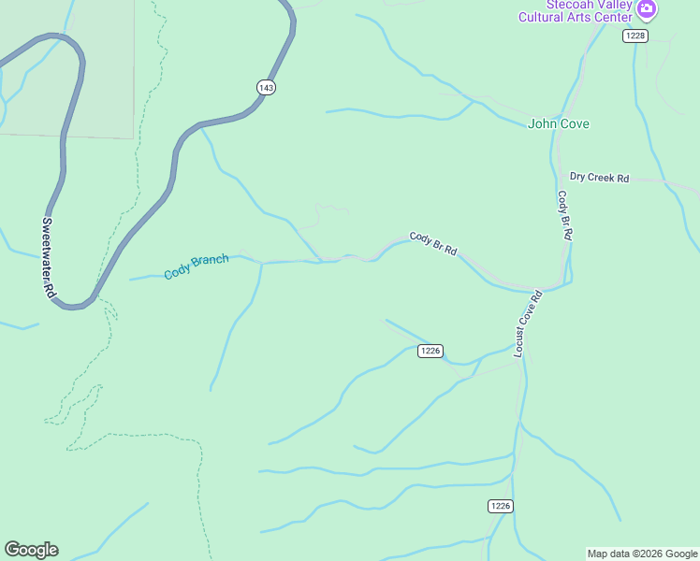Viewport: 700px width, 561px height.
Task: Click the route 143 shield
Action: point(266,87)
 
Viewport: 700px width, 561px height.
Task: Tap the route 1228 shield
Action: point(635,36)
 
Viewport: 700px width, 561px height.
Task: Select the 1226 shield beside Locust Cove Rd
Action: point(430,351)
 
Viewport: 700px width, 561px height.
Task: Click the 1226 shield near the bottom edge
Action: point(501,506)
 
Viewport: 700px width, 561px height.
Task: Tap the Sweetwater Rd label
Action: point(48,257)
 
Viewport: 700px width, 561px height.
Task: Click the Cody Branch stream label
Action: point(196,266)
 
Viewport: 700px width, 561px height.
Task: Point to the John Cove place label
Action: point(559,123)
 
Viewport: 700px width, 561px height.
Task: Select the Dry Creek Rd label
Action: point(599,178)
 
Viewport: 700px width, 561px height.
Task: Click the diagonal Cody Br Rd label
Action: point(432,244)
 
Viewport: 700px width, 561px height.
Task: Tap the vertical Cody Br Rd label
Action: point(563,216)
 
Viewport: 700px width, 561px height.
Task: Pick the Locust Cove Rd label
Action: point(528,324)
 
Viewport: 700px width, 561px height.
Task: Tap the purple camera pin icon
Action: point(646,9)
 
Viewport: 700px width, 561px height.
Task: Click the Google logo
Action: point(31,550)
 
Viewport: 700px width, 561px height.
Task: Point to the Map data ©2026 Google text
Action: point(642,554)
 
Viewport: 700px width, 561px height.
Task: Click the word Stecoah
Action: point(547,4)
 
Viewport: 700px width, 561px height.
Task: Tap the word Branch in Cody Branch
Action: point(210,262)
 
